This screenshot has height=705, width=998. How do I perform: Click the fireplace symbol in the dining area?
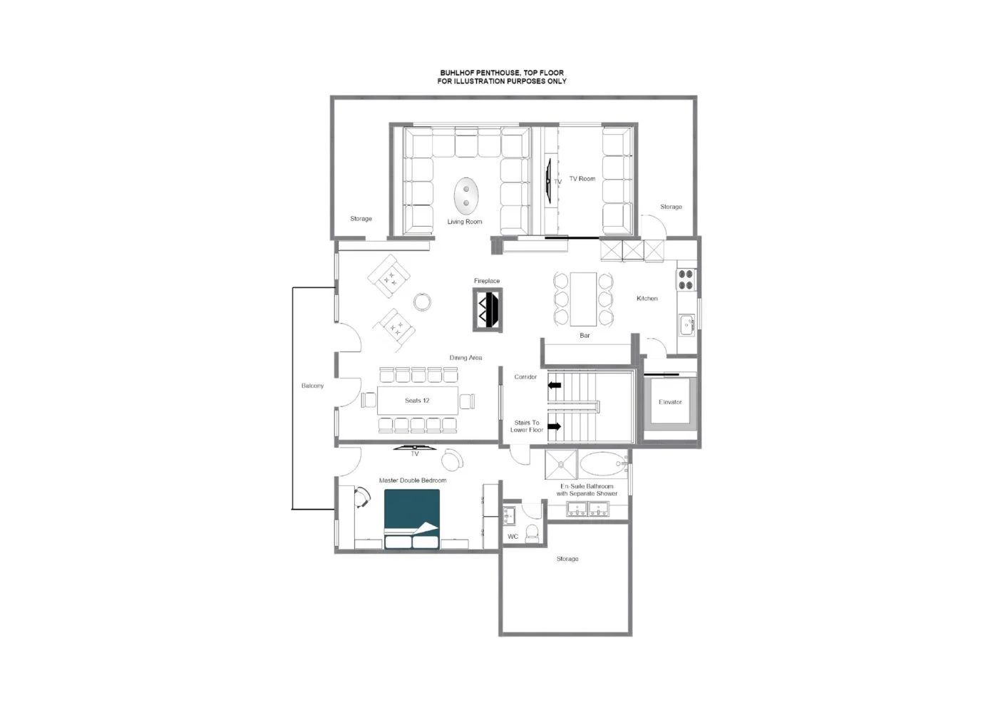tap(488, 309)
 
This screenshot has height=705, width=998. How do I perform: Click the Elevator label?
tap(670, 402)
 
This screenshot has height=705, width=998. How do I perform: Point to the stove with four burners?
tap(686, 279)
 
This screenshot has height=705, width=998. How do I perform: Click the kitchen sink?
tap(687, 325)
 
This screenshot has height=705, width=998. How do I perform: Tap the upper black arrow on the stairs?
tap(555, 386)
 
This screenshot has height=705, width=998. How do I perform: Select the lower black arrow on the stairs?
tap(555, 427)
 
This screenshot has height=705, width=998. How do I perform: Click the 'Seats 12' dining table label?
tap(417, 401)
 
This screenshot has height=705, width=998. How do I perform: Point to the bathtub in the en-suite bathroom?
tap(602, 465)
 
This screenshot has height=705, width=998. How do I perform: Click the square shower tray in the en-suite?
tap(562, 464)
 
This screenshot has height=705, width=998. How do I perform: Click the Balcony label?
tap(312, 386)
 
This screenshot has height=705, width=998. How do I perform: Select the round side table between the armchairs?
tap(423, 302)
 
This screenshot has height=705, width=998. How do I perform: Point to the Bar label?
tap(585, 335)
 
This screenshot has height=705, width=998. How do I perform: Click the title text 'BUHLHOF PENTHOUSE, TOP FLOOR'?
tap(502, 73)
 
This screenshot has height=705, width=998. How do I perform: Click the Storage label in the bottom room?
tap(567, 559)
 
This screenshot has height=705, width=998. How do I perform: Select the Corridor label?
tap(525, 377)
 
